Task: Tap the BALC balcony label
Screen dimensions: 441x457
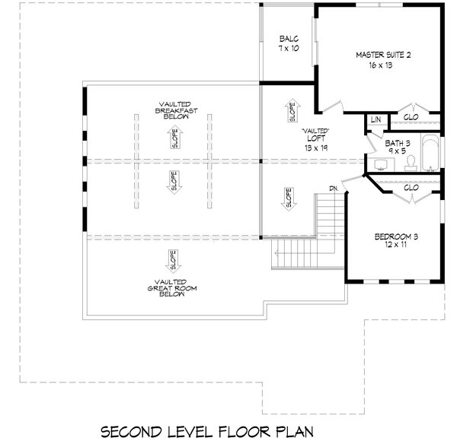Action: (x=287, y=39)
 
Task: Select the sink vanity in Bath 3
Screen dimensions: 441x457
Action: (x=376, y=163)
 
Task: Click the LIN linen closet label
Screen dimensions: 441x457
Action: (x=375, y=119)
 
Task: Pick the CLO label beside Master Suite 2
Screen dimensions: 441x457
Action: (x=410, y=118)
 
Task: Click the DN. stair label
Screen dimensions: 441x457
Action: (x=334, y=188)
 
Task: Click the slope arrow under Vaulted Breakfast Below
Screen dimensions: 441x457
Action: (x=174, y=138)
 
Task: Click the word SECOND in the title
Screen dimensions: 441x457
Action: (x=134, y=431)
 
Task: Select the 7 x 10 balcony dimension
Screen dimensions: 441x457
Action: (x=287, y=49)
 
